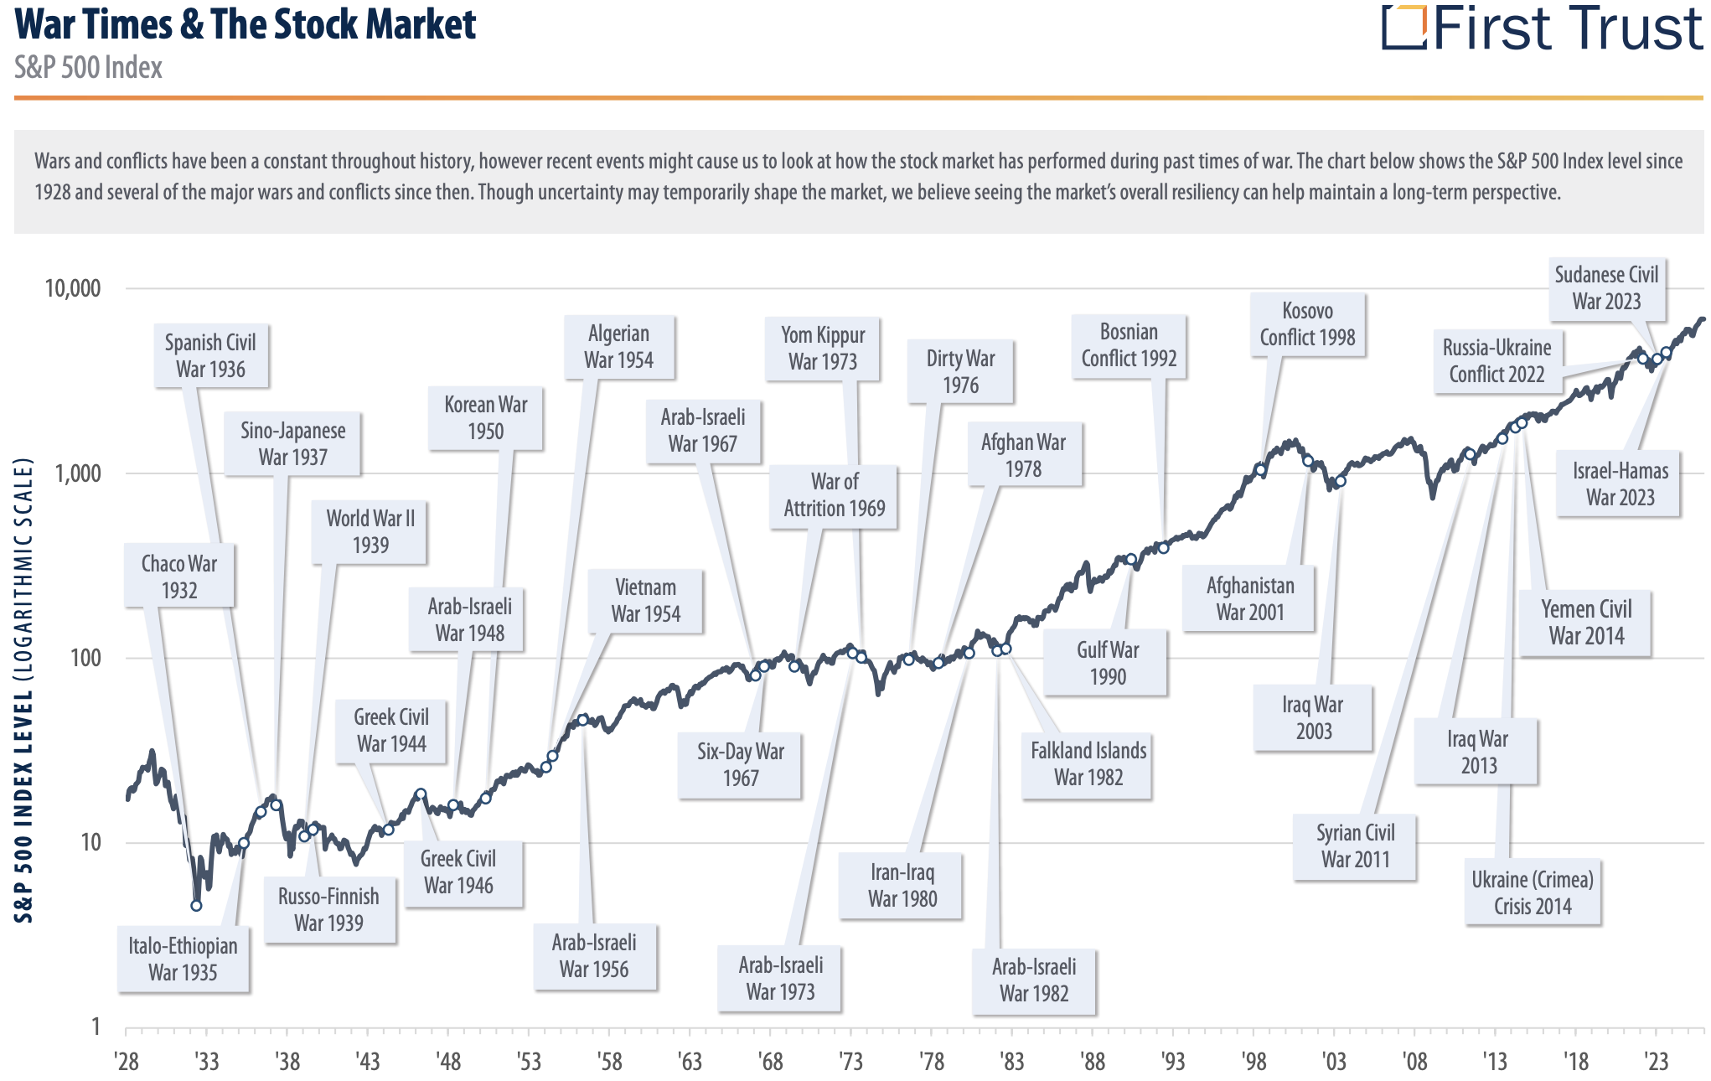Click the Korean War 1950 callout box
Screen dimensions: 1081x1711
pos(485,418)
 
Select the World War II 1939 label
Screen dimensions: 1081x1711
pos(370,532)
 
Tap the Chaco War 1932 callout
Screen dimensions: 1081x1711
pos(178,577)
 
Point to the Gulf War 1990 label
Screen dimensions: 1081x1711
pos(1107,663)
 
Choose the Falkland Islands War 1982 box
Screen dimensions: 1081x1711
pos(1088,763)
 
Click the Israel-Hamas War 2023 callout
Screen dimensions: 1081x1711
pos(1619,484)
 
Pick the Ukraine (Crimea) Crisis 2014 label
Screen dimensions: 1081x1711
pos(1532,892)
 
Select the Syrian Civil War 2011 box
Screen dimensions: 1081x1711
pos(1354,846)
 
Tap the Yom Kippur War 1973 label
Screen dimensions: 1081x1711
pos(822,348)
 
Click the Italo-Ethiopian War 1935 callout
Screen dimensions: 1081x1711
pos(183,959)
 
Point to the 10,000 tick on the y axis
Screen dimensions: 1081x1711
pos(72,289)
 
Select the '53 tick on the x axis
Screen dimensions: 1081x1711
pos(529,1062)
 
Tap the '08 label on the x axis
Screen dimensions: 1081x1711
pos(1414,1062)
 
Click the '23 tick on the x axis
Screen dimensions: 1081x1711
pos(1656,1062)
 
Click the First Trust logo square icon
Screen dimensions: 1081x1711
pos(1403,28)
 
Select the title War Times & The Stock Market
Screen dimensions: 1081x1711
pos(246,24)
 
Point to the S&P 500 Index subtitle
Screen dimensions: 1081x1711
pos(88,68)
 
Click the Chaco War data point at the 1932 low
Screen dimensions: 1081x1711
pos(196,905)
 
